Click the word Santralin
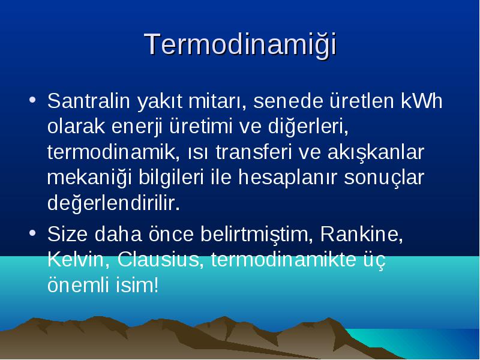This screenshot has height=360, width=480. [x=89, y=101]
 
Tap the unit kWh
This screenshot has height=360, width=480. [x=422, y=101]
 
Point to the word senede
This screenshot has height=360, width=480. [x=288, y=101]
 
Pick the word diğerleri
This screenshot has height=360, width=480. [x=308, y=127]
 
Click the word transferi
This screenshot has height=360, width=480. [x=253, y=152]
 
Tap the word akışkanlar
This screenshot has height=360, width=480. [x=376, y=153]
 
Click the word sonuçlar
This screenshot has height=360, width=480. [x=384, y=178]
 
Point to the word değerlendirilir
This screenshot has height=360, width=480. [x=113, y=203]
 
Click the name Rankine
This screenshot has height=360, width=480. [x=361, y=235]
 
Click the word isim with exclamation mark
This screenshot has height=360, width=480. [x=137, y=285]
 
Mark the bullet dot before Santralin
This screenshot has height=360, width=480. [x=32, y=100]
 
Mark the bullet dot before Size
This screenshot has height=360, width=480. [x=32, y=233]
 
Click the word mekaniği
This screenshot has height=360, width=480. [x=89, y=178]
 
